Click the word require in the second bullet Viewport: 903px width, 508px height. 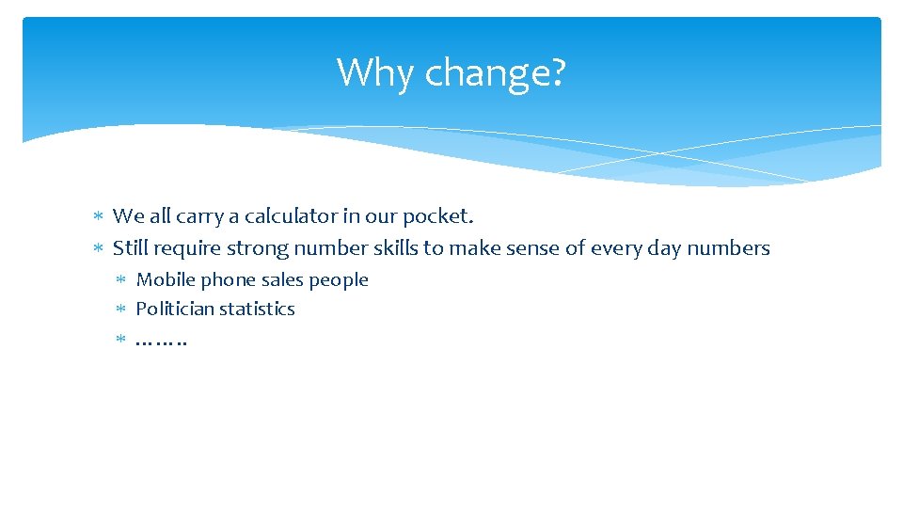click(186, 249)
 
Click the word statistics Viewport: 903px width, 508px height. click(257, 309)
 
